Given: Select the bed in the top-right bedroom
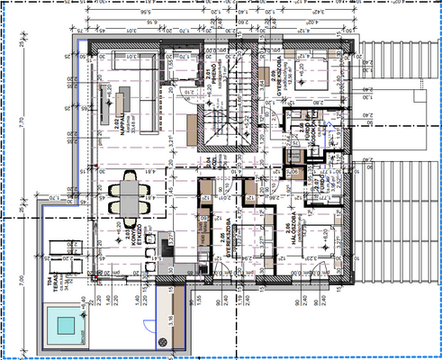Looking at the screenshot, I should (315, 72).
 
